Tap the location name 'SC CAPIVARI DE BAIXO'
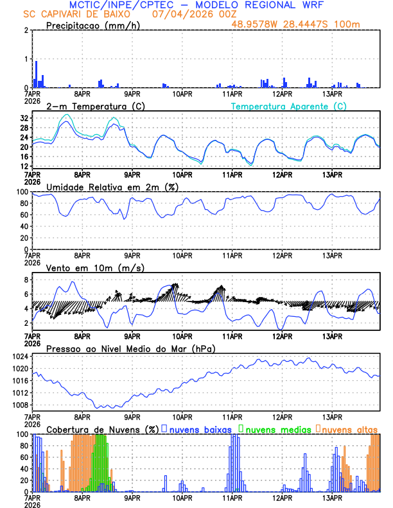pyautogui.click(x=74, y=14)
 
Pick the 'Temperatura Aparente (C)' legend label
pyautogui.click(x=288, y=106)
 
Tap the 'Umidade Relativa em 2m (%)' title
pyautogui.click(x=112, y=187)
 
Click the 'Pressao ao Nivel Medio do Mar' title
pyautogui.click(x=130, y=348)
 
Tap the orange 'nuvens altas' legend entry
pyautogui.click(x=349, y=428)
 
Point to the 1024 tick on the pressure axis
pyautogui.click(x=22, y=357)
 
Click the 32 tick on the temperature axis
pyautogui.click(x=24, y=119)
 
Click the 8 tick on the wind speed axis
pyautogui.click(x=27, y=280)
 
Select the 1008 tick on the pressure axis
pyautogui.click(x=22, y=405)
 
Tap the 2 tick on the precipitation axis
pyautogui.click(x=27, y=31)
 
